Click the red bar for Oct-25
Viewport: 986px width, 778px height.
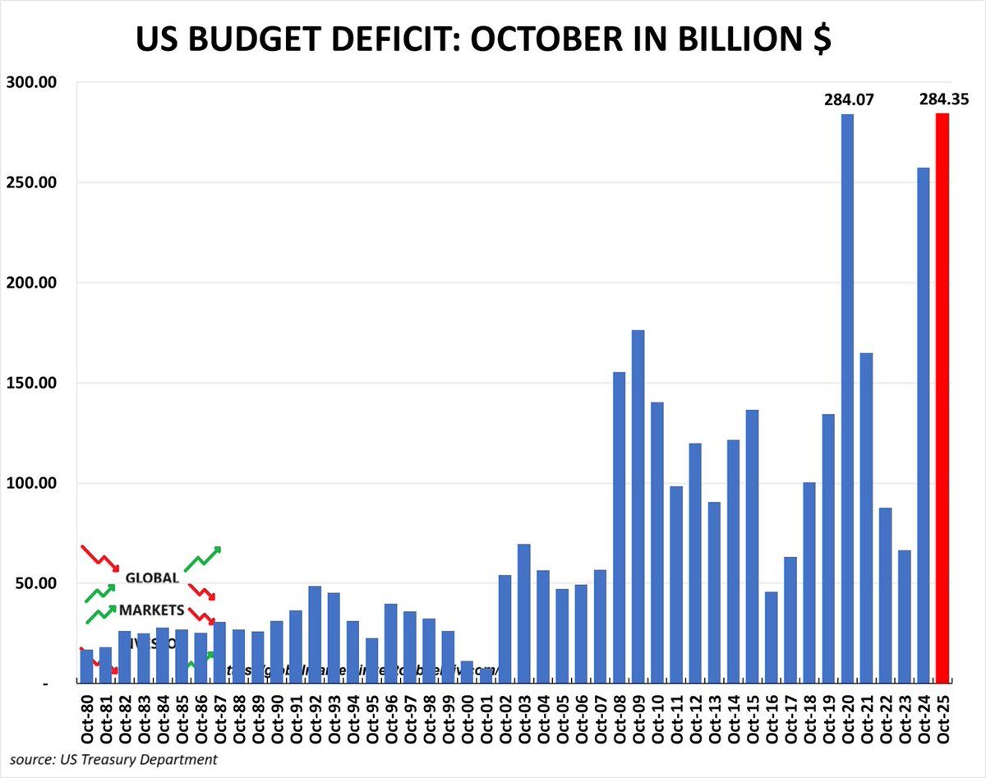[x=942, y=398]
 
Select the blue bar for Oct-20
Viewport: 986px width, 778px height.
[x=847, y=398]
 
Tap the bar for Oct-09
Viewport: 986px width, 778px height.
[x=638, y=506]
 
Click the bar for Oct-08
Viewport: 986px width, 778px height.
[x=620, y=527]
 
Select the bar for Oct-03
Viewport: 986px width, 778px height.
[x=524, y=613]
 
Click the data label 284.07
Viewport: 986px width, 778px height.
[x=849, y=101]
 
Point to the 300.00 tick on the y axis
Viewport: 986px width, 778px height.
[x=29, y=82]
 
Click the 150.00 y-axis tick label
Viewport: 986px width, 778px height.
[x=29, y=383]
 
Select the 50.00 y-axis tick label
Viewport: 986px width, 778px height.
[x=33, y=583]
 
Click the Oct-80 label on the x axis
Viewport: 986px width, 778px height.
[x=87, y=717]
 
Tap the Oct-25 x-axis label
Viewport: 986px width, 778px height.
[x=943, y=717]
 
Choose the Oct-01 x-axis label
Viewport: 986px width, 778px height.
[x=486, y=717]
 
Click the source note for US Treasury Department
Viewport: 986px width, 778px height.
[x=114, y=759]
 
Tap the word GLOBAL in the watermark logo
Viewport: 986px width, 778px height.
[x=152, y=578]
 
